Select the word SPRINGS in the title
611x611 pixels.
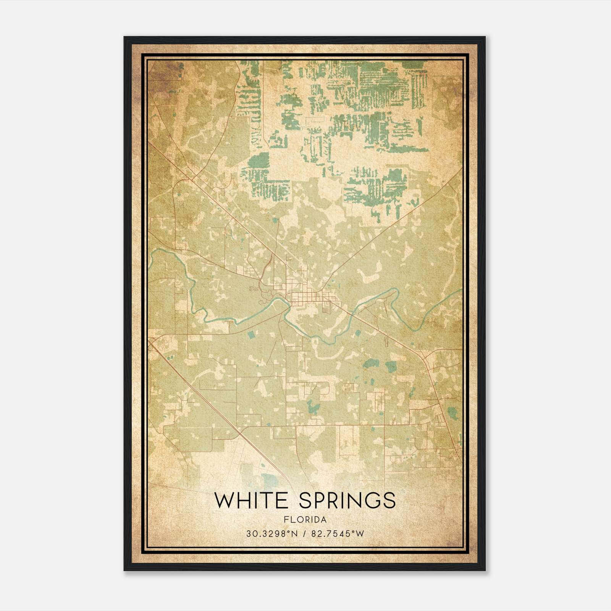point(347,500)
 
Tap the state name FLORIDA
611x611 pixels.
point(305,519)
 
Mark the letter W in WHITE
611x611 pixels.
point(224,500)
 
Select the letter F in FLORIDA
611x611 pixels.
point(286,519)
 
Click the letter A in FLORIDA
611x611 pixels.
point(324,519)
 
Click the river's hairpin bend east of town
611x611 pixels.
point(395,292)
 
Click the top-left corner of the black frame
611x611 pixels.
point(124,37)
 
